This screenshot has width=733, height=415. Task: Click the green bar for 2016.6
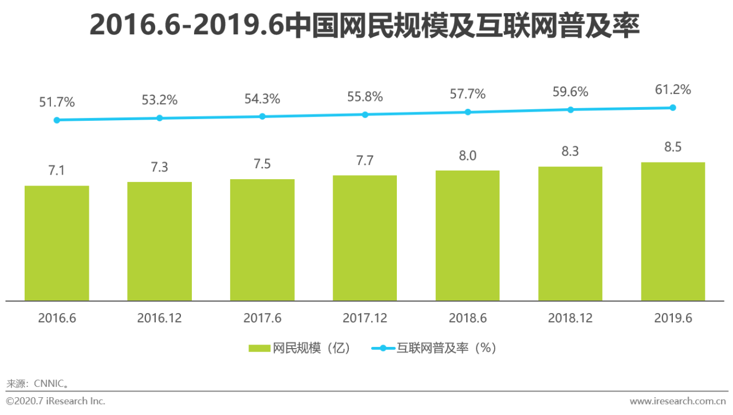[57, 243]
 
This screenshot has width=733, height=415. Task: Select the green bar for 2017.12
[365, 238]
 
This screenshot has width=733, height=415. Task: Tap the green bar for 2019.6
[673, 231]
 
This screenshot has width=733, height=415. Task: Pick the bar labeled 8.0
[467, 235]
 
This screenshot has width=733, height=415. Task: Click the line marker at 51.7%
[57, 120]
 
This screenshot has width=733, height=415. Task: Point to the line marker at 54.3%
[262, 116]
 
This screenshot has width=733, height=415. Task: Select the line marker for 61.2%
[673, 108]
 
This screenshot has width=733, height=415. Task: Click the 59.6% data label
[570, 92]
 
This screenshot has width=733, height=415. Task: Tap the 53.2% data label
[159, 100]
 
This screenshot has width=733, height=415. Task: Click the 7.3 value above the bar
[159, 167]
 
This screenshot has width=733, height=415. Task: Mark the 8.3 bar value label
[570, 152]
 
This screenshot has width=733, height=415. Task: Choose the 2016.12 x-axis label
[159, 318]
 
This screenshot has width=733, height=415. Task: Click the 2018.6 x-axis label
[467, 318]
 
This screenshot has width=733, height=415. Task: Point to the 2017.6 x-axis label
[262, 318]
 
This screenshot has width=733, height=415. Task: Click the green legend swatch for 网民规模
[259, 348]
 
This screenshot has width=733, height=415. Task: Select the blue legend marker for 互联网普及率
[383, 348]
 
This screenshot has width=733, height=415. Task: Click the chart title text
[364, 26]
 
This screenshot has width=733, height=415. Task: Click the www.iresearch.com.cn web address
[678, 401]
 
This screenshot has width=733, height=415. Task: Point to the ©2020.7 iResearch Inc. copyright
[56, 401]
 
